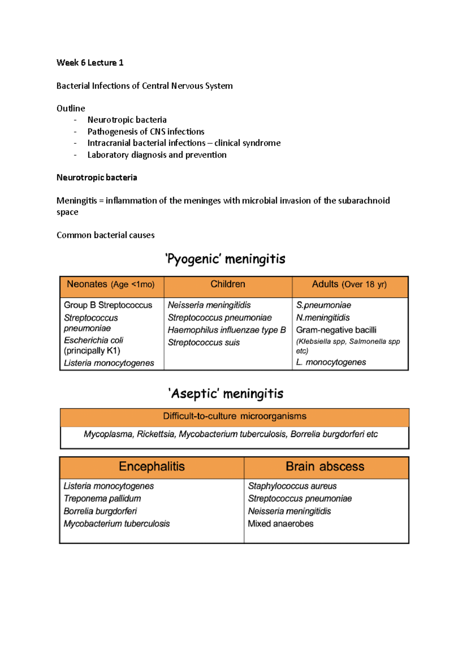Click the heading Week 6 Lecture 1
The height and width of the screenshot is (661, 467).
pyautogui.click(x=90, y=63)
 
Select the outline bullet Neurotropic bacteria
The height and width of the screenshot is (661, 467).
pyautogui.click(x=127, y=120)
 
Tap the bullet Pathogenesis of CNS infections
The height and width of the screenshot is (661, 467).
pyautogui.click(x=146, y=132)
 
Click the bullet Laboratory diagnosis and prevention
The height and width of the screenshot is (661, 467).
pyautogui.click(x=157, y=155)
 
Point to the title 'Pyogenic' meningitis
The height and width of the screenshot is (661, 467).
pyautogui.click(x=225, y=259)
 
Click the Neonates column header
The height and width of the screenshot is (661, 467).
pyautogui.click(x=111, y=285)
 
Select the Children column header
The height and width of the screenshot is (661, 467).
pyautogui.click(x=228, y=284)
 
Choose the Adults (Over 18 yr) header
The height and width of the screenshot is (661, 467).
pyautogui.click(x=349, y=285)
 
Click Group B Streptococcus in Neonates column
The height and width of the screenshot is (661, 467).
pyautogui.click(x=108, y=305)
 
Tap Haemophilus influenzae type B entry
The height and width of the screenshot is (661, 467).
pyautogui.click(x=226, y=330)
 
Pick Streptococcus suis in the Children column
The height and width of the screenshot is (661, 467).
pyautogui.click(x=204, y=343)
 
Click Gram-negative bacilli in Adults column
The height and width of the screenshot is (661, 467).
pyautogui.click(x=336, y=330)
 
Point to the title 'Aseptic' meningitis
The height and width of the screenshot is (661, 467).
pyautogui.click(x=226, y=394)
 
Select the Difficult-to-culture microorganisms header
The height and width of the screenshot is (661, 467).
pyautogui.click(x=235, y=417)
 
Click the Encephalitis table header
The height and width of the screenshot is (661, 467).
pyautogui.click(x=152, y=466)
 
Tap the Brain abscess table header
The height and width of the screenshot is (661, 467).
pyautogui.click(x=325, y=466)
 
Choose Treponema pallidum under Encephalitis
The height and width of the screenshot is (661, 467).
pyautogui.click(x=102, y=499)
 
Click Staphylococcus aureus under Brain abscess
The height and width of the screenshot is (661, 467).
pyautogui.click(x=292, y=486)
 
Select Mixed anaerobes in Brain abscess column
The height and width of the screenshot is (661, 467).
pyautogui.click(x=281, y=524)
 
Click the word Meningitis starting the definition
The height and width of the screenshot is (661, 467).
pyautogui.click(x=77, y=201)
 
